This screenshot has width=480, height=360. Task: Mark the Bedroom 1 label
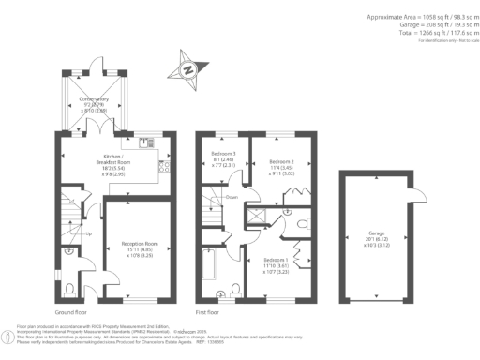(274, 263)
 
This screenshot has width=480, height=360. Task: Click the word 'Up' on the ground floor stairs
(89, 233)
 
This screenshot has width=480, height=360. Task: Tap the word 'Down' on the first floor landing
(231, 198)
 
